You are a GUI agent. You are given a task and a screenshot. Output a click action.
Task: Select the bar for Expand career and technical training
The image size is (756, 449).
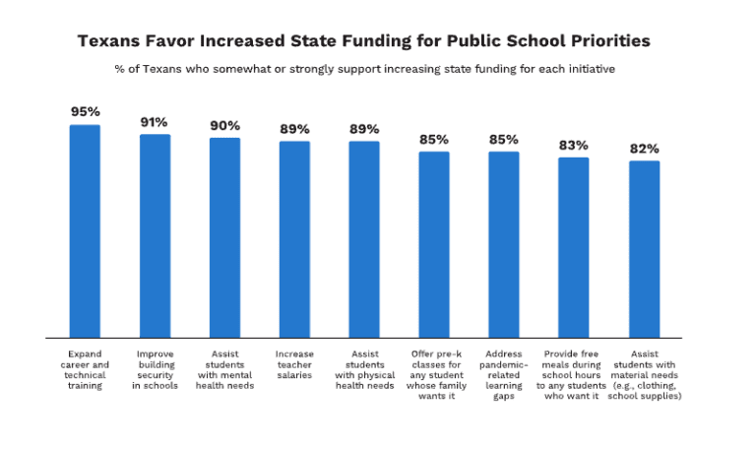pos(85,231)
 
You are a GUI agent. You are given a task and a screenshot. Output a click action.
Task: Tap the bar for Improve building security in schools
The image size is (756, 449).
pos(155,236)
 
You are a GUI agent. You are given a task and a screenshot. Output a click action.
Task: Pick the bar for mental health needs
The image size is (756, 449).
pos(224,237)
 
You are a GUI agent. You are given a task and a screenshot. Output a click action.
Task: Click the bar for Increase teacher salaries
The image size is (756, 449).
pos(294,239)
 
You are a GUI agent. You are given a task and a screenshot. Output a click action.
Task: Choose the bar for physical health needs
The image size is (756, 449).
pos(364,239)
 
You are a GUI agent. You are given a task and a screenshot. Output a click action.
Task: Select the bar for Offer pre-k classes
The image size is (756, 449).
pos(434,244)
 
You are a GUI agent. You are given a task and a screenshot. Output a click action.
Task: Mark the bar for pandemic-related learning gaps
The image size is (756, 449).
pos(504,244)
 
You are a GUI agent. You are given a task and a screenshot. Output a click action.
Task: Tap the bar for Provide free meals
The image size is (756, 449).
pos(574,247)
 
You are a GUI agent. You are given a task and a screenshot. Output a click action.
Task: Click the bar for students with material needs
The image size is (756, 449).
pos(644,249)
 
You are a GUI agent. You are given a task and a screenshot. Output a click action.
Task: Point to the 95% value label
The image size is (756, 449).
pos(85,112)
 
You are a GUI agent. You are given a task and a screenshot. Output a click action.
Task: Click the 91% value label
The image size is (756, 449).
pos(155,122)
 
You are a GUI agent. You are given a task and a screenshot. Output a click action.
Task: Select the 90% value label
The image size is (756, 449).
pos(224,125)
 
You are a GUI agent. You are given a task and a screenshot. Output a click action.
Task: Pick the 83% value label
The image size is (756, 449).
pos(574,145)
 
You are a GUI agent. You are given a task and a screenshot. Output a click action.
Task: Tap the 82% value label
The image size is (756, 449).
pos(644,149)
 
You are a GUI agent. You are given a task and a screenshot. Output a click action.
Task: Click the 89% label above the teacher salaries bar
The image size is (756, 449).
pos(294,129)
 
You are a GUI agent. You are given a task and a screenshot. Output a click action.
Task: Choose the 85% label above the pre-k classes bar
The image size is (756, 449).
pos(434,139)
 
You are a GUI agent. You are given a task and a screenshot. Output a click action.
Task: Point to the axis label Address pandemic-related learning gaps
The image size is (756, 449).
pos(504,374)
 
